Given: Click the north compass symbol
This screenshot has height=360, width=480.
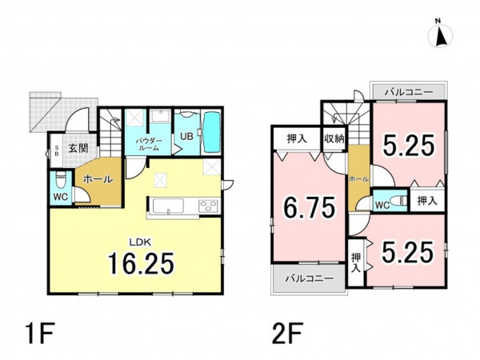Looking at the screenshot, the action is tap(440, 35).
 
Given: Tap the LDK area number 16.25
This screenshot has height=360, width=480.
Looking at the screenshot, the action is tap(141, 263).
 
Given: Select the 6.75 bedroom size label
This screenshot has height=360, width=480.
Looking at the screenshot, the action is tap(309, 208).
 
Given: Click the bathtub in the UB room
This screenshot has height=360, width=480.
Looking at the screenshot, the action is tap(212, 132).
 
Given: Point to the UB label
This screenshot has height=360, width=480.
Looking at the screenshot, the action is tap(186, 136).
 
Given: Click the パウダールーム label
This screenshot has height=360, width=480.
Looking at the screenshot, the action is tap(147, 145).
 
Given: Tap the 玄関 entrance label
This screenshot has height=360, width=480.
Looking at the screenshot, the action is tap(78, 148).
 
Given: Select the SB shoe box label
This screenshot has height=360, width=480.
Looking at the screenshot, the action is tap(56, 151).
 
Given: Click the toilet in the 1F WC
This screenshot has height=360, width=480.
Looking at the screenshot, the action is tap(61, 180).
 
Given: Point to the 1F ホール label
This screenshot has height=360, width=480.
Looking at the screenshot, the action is tap(98, 179).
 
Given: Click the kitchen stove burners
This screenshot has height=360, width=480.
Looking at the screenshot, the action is tap(209, 206).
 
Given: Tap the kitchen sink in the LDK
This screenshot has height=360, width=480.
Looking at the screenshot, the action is tap(168, 206).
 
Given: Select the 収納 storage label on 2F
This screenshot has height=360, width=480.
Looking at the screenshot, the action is tap(334, 138).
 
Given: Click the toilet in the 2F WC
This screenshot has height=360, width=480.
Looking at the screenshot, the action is tap(399, 201).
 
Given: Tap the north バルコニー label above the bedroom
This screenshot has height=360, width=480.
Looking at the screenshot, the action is tap(409, 92).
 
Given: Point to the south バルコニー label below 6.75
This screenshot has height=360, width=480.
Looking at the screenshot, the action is tap(310, 278).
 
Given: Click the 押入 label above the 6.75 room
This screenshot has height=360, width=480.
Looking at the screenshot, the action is tap(297, 138).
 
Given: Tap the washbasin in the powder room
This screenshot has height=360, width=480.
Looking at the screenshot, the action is tap(161, 116).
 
